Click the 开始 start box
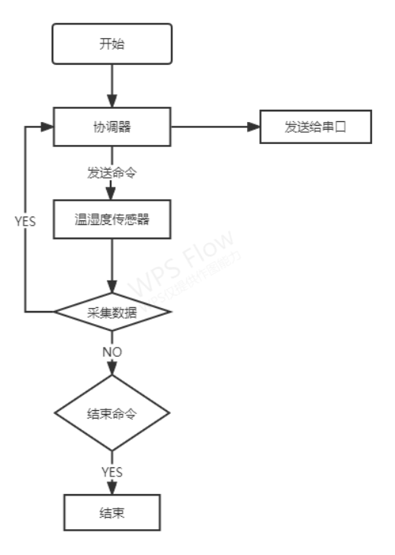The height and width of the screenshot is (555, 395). tap(112, 43)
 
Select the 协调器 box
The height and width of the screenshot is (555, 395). tap(112, 127)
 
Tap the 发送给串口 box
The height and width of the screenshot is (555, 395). tap(316, 127)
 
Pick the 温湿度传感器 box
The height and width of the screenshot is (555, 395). tap(112, 220)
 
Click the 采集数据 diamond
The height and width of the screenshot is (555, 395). tap(112, 312)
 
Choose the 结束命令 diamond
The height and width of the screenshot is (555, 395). tap(112, 413)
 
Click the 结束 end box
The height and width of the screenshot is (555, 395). tap(112, 512)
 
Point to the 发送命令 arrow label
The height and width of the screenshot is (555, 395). tap(112, 172)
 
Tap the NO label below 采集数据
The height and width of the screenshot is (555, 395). tap(112, 351)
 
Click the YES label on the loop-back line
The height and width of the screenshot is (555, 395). tap(25, 221)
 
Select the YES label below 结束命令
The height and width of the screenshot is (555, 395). tap(112, 472)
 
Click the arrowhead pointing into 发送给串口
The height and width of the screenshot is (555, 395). tap(254, 127)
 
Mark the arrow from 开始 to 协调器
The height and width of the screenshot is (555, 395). tap(112, 84)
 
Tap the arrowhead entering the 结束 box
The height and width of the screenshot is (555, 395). tap(112, 489)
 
